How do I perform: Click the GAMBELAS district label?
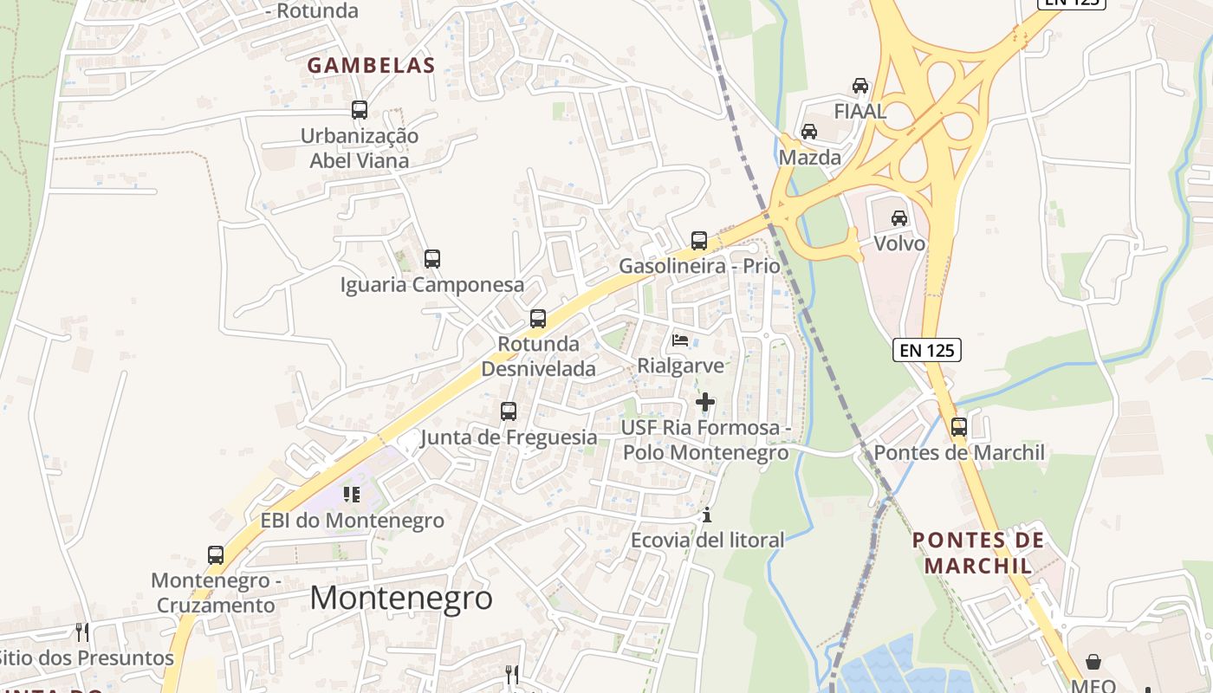[x=371, y=66]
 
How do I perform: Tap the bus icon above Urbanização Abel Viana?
[x=360, y=110]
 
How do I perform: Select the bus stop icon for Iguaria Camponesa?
[x=431, y=258]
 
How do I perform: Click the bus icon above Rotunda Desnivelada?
[x=538, y=318]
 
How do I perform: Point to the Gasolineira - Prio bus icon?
[x=698, y=240]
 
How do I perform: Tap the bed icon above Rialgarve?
[x=680, y=340]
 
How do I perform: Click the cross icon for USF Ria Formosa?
[x=705, y=402]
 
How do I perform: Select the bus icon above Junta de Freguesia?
[x=509, y=411]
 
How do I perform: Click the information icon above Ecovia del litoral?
[x=707, y=515]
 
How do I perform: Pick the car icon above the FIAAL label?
[x=859, y=85]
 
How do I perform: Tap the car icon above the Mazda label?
[x=809, y=132]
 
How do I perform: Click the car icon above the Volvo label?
[x=899, y=217]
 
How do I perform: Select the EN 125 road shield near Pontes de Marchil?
[x=927, y=350]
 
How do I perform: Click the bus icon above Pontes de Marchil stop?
[x=958, y=426]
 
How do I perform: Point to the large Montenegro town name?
[x=401, y=598]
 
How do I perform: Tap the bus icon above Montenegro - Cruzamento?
[x=216, y=554]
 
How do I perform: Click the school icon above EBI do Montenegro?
[x=352, y=494]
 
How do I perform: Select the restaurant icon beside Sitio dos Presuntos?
[x=82, y=631]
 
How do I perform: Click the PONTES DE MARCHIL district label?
[x=978, y=553]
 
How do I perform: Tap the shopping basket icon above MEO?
[x=1093, y=662]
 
